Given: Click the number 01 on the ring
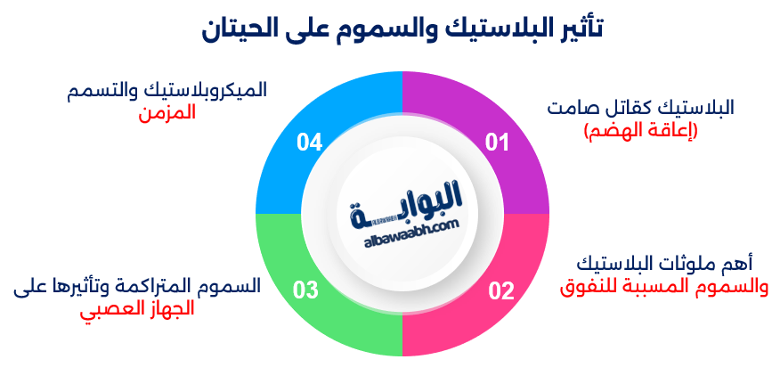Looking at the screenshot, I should click(496, 142).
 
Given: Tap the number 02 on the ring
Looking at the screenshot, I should click(501, 290).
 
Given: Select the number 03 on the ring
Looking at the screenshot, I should click(305, 290).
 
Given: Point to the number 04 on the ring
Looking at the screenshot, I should click(309, 142).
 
